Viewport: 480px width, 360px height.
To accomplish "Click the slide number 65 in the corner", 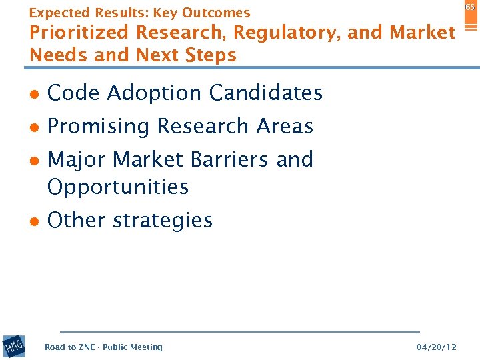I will (x=470, y=7).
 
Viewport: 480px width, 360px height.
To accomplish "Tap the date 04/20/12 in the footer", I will (x=436, y=347).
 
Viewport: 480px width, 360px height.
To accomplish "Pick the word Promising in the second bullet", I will (x=99, y=127).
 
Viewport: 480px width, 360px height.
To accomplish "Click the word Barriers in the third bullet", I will (x=234, y=160).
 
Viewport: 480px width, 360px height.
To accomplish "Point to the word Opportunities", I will (x=118, y=187).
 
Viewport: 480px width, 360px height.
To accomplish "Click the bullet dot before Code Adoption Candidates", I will (x=34, y=95).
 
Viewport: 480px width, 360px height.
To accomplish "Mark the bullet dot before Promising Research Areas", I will (x=34, y=128).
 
